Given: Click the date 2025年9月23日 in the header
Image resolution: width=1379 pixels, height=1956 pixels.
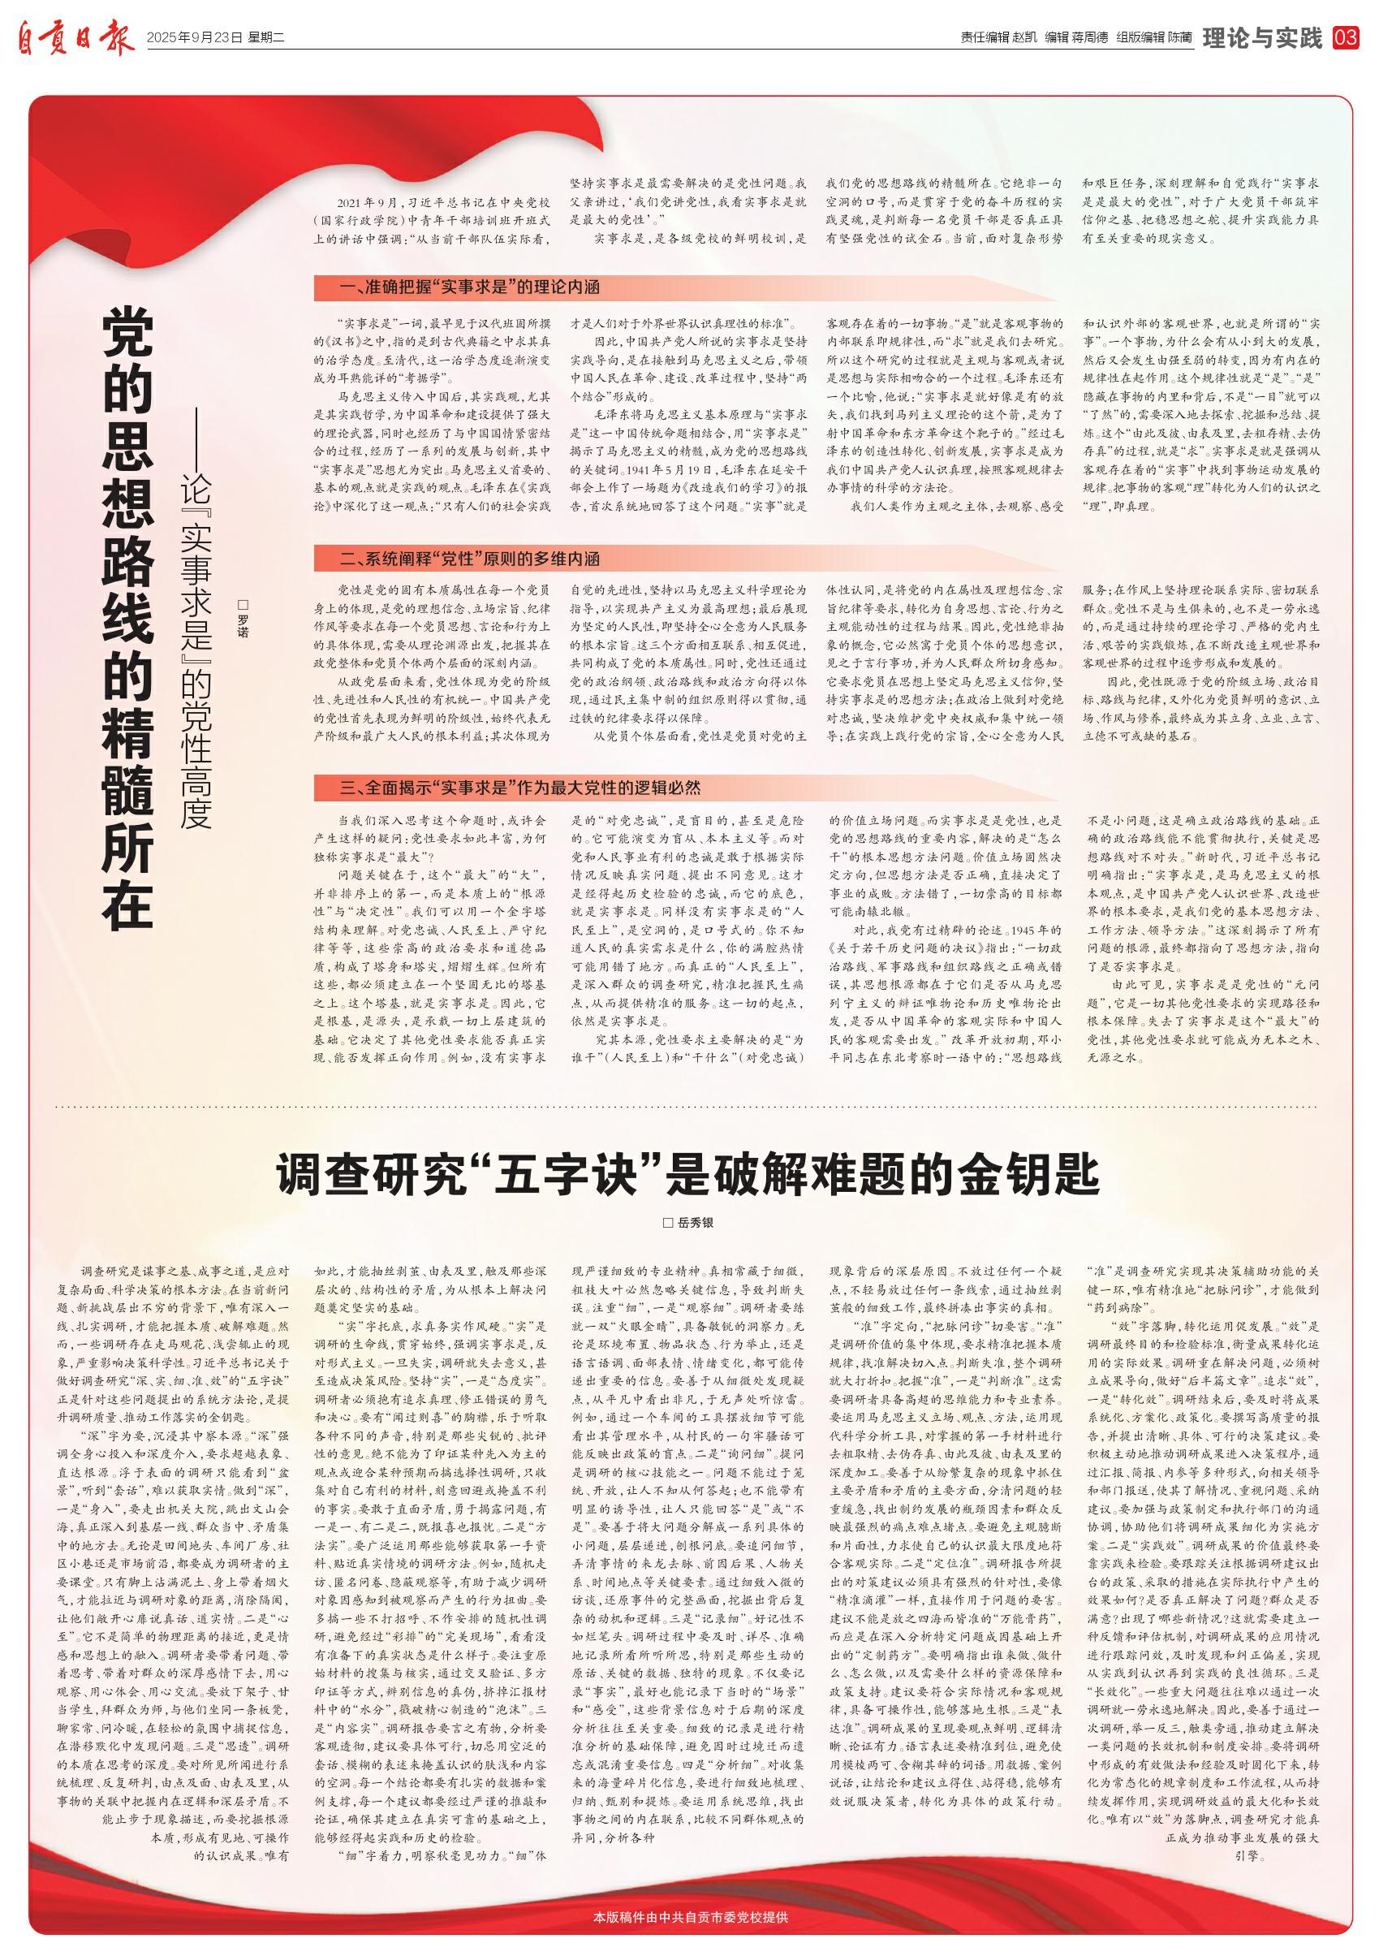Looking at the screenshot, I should pos(194,38).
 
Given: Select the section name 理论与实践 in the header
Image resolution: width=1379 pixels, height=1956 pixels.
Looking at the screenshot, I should pos(1262,37).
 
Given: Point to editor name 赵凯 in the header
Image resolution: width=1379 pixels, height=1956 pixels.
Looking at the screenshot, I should pos(1024,38).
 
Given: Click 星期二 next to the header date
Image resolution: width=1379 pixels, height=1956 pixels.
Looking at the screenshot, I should pos(265,38).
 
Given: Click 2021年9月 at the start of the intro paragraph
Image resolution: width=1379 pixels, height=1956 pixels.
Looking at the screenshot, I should pos(367,204).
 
